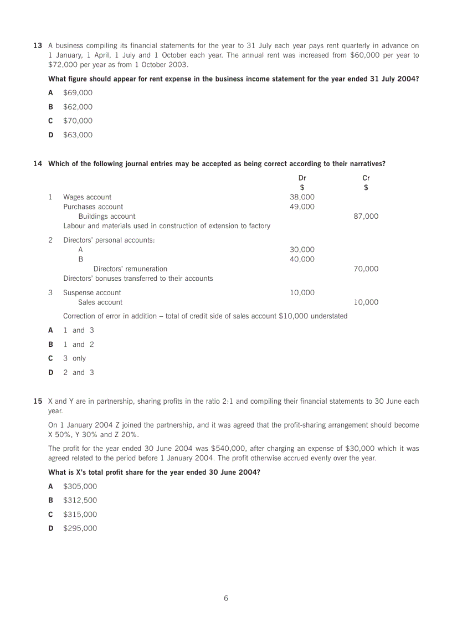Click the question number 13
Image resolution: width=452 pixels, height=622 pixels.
coord(37,45)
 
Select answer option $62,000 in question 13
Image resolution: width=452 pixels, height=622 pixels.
coord(78,107)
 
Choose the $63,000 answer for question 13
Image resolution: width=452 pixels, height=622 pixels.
coord(78,135)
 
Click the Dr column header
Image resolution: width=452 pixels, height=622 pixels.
coord(302,178)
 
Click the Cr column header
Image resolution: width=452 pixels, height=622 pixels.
coord(366,178)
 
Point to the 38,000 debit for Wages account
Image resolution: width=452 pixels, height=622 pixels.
coord(302,197)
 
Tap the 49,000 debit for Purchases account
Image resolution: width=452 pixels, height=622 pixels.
coord(302,207)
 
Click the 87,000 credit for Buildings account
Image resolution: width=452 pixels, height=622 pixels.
coord(366,217)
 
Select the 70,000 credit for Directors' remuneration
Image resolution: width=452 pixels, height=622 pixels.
coord(366,269)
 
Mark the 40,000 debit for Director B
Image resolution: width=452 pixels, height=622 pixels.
coord(302,259)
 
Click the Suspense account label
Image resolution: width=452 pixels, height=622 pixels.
coord(92,292)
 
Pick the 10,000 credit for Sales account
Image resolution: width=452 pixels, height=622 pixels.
coord(366,302)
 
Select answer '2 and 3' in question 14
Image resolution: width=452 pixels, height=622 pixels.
coord(79,373)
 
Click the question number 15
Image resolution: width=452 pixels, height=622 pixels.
coord(37,401)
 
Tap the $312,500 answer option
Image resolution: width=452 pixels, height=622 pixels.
coord(80,500)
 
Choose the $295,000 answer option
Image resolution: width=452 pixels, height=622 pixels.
coord(80,528)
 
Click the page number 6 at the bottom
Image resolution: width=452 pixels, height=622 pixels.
coord(226,598)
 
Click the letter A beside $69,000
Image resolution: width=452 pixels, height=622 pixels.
coord(51,93)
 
